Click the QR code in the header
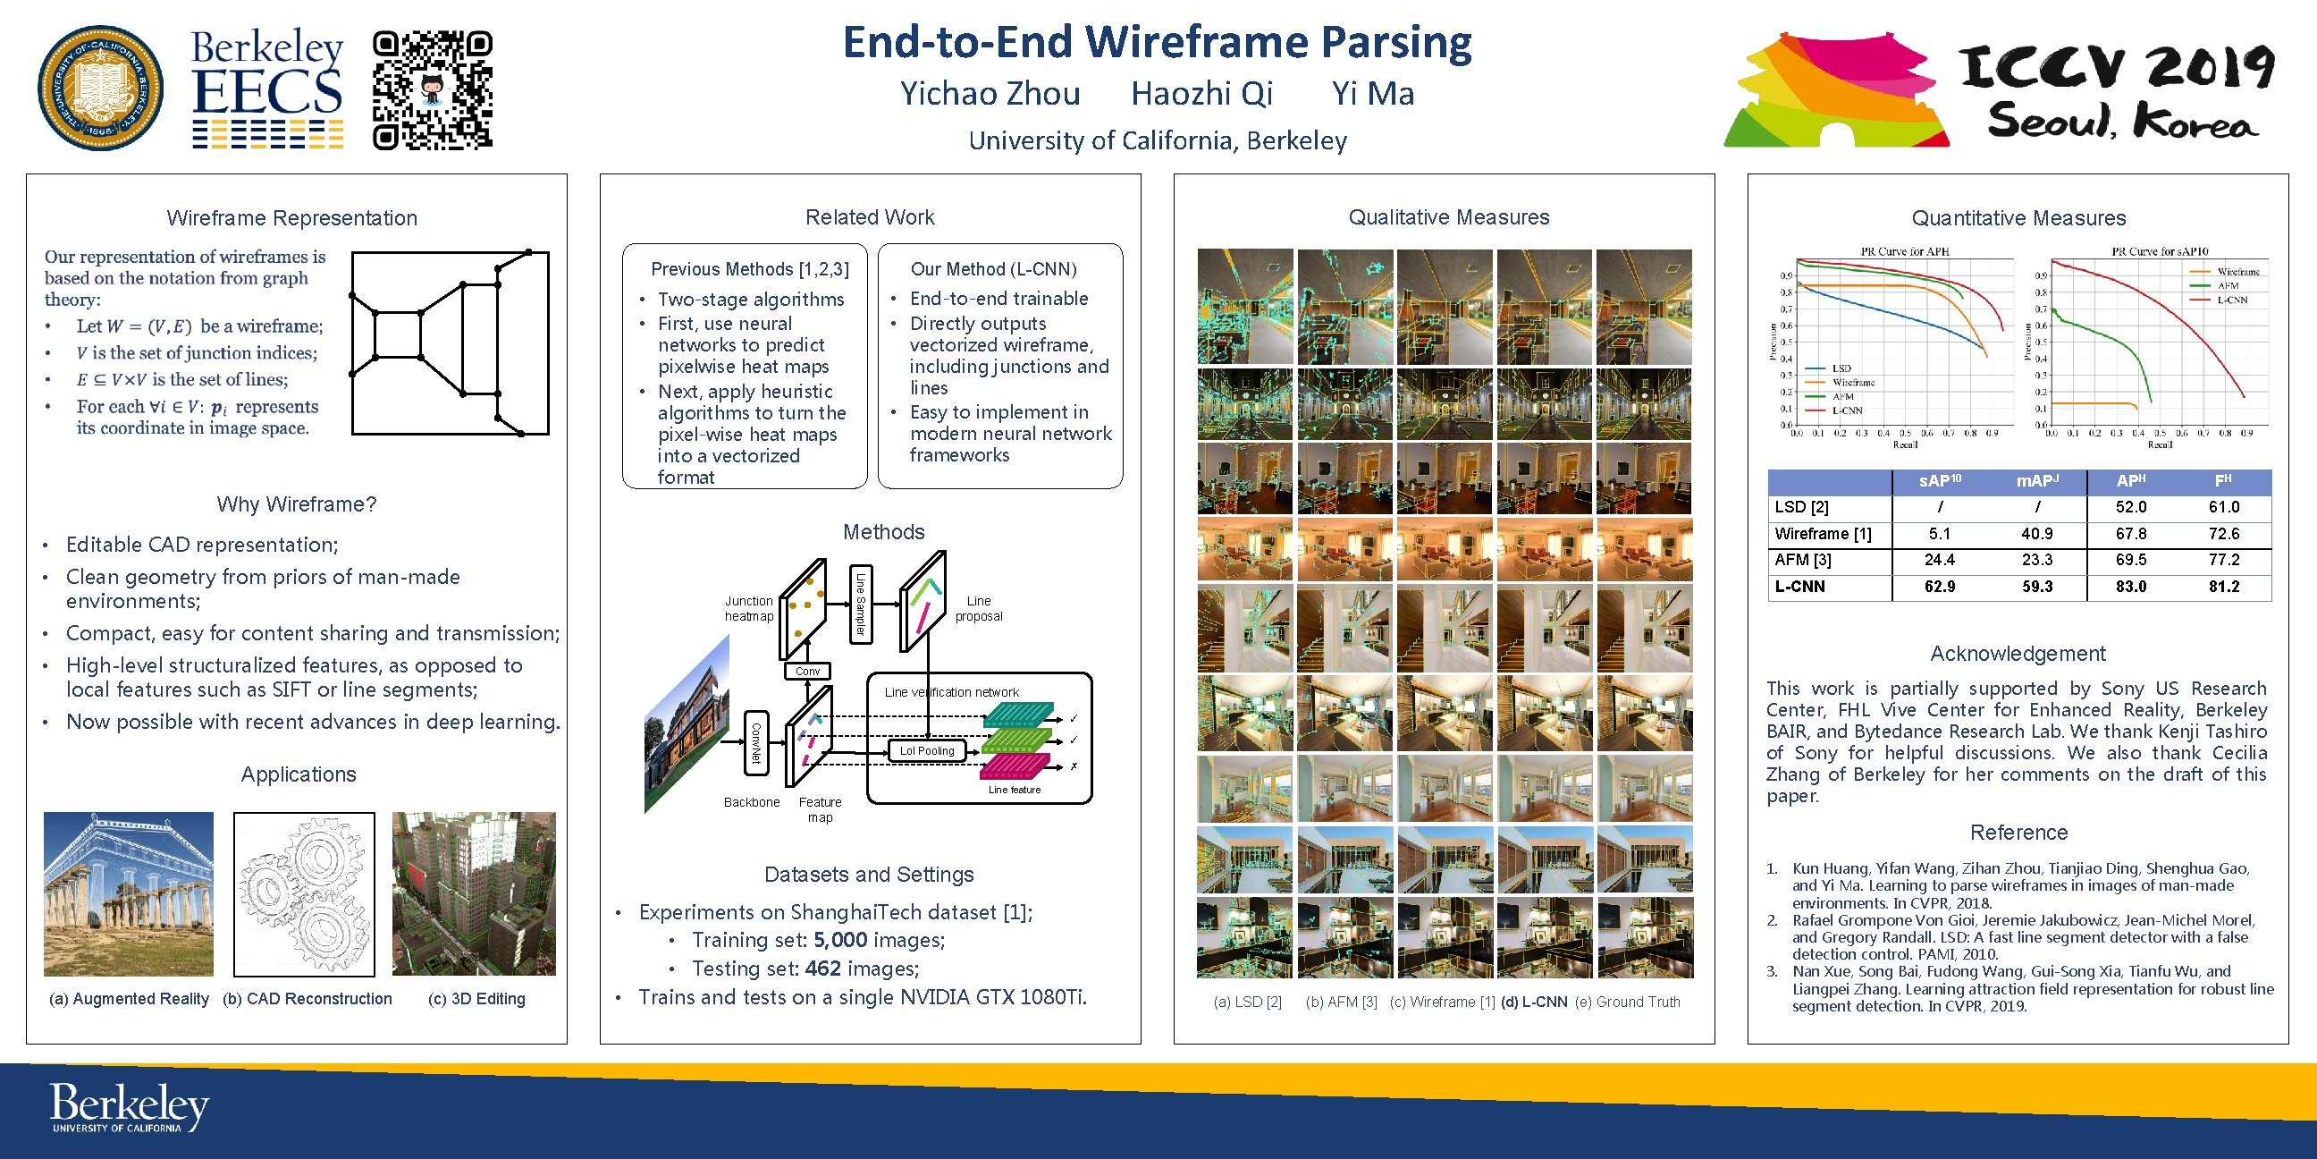(x=433, y=89)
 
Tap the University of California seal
(x=101, y=89)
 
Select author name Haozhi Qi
(x=1201, y=94)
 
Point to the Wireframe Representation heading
(x=291, y=218)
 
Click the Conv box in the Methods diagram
(x=807, y=671)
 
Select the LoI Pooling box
(x=926, y=750)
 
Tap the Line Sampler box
(x=860, y=604)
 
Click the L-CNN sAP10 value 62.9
(x=1939, y=587)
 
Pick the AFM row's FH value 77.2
(x=2223, y=560)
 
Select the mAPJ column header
(x=2036, y=481)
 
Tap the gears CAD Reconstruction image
(x=304, y=893)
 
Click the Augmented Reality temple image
(x=129, y=893)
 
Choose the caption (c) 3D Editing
(x=476, y=999)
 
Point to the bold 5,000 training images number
(x=840, y=940)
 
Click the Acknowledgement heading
(x=2018, y=654)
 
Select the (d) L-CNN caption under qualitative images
(x=1534, y=1002)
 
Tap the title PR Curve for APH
(x=1904, y=251)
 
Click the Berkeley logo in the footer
(x=129, y=1106)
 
